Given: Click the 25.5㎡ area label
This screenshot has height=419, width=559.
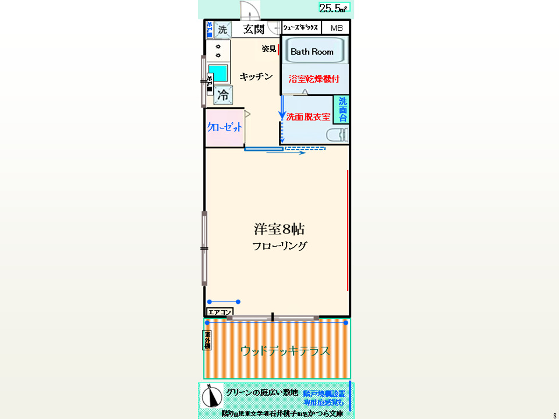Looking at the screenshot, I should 334,8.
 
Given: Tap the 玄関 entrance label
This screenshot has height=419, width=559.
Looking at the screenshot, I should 254,29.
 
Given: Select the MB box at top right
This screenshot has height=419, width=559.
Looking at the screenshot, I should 337,28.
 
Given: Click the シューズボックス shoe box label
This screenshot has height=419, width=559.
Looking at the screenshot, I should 300,28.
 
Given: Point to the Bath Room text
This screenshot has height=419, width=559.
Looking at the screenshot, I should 312,52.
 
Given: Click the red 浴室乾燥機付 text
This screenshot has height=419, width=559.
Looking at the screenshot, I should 314,78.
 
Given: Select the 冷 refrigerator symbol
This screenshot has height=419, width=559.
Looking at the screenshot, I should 222,94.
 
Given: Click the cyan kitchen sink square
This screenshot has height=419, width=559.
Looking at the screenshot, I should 218,73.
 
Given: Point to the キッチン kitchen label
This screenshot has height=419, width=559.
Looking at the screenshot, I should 256,77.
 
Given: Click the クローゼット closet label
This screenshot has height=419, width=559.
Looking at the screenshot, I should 224,127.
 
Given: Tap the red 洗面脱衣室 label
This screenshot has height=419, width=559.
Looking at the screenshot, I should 308,117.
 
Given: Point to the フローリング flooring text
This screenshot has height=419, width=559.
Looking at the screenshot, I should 279,246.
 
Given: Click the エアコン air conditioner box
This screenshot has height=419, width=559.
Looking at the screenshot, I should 220,311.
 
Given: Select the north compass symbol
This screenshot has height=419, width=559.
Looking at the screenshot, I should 212,395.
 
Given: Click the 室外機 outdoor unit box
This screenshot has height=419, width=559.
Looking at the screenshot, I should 207,340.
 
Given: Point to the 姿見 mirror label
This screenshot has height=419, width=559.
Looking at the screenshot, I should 268,49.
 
